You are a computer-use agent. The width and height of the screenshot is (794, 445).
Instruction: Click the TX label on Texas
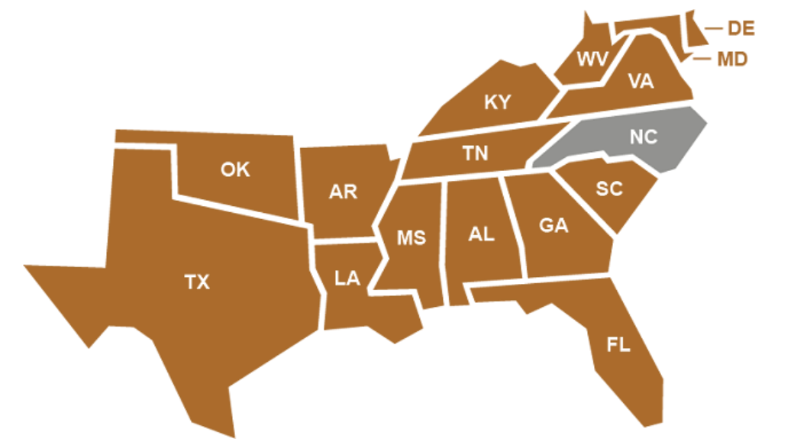[x=197, y=282]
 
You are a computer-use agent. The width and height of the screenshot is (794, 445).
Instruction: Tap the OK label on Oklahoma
[x=235, y=169]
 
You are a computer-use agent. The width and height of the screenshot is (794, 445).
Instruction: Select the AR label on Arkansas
[x=343, y=192]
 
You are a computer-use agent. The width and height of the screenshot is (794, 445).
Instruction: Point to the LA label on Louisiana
[x=347, y=279]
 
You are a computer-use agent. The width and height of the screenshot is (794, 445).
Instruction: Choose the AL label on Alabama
[x=481, y=234]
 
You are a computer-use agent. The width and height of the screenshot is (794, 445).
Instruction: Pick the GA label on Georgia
[x=554, y=227]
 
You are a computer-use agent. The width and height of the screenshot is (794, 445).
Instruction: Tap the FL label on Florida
[x=618, y=345]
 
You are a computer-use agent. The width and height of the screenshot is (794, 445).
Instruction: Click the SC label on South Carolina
[x=609, y=189]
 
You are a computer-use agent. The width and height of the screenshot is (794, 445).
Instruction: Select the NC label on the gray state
[x=643, y=138]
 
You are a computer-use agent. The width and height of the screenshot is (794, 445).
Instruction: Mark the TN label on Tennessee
[x=475, y=153]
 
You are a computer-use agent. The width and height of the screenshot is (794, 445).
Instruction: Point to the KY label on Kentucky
[x=497, y=102]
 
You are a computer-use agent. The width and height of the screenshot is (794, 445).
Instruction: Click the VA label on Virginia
[x=641, y=82]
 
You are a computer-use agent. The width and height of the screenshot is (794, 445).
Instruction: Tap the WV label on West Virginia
[x=592, y=59]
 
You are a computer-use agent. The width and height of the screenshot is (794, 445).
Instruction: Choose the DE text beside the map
[x=741, y=29]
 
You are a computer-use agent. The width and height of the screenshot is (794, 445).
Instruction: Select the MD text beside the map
[x=731, y=59]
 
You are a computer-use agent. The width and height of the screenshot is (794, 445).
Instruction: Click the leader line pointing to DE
[x=713, y=29]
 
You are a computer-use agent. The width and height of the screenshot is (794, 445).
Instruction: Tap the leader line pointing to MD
[x=702, y=58]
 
